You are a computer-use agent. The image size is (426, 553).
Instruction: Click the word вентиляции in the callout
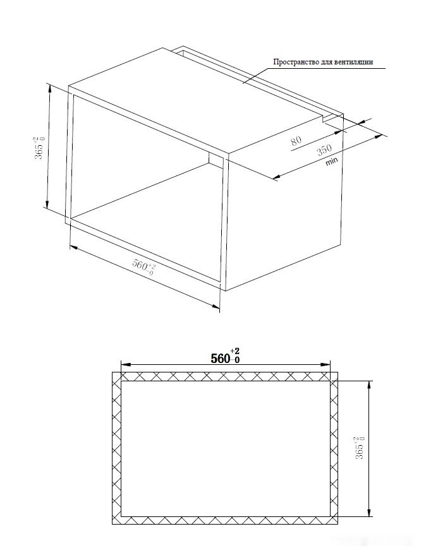pyautogui.click(x=353, y=62)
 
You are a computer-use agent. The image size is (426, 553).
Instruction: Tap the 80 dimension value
pyautogui.click(x=296, y=140)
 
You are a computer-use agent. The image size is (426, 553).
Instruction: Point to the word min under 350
pyautogui.click(x=332, y=162)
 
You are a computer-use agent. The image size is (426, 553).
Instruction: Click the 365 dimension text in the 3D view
pyautogui.click(x=39, y=148)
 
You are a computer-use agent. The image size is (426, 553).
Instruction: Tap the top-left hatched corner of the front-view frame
pyautogui.click(x=116, y=376)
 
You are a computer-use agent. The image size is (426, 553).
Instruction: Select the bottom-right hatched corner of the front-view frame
pyautogui.click(x=334, y=520)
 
